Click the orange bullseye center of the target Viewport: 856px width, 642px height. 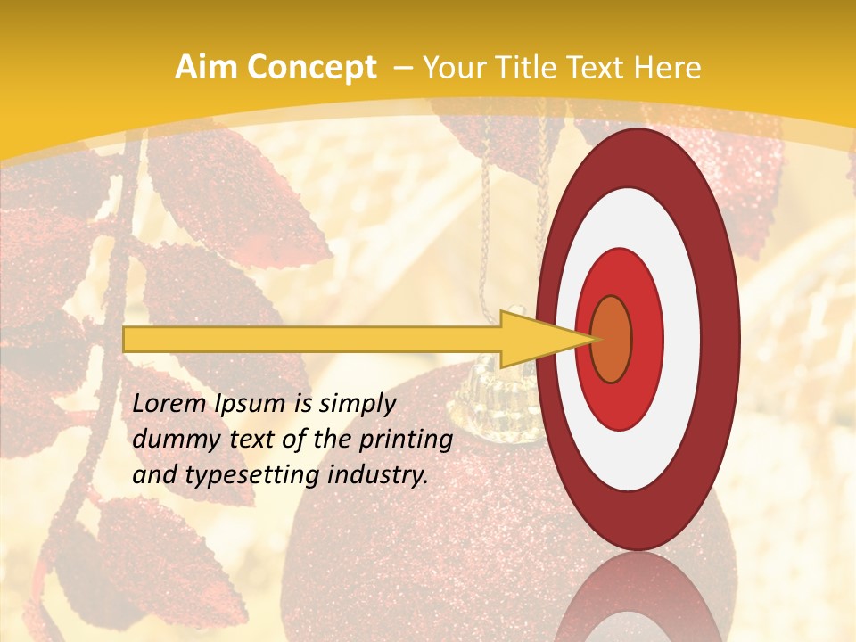(x=611, y=339)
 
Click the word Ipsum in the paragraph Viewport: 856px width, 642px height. (x=250, y=404)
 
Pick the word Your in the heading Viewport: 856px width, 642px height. (x=451, y=68)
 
